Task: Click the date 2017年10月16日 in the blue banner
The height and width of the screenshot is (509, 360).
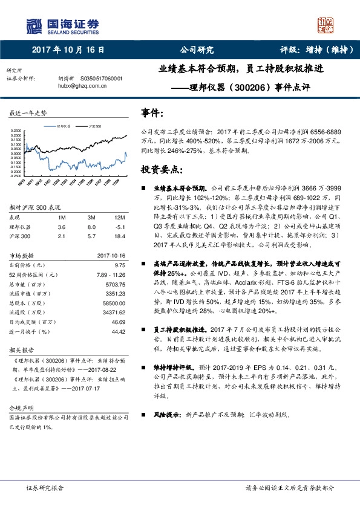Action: (x=67, y=50)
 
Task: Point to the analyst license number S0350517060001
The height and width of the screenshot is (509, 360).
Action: (x=100, y=79)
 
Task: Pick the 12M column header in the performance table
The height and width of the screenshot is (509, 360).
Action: (x=120, y=216)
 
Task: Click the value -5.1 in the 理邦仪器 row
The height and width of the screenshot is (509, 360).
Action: (x=120, y=225)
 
